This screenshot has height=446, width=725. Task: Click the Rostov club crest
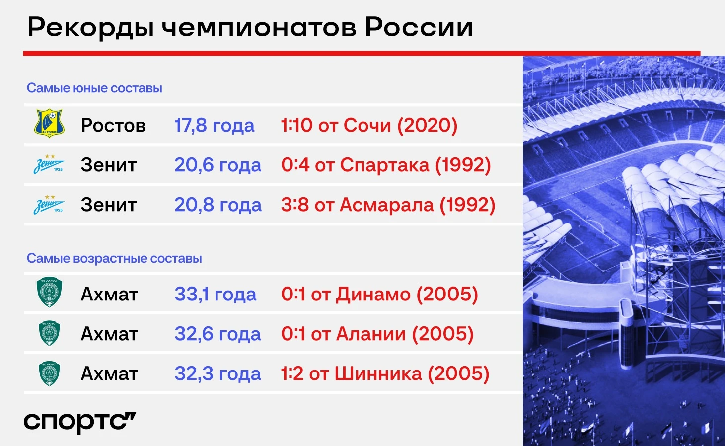(49, 123)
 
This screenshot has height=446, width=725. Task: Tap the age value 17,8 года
(214, 125)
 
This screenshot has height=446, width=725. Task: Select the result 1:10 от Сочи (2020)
(369, 125)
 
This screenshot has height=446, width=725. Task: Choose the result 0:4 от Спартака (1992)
(386, 165)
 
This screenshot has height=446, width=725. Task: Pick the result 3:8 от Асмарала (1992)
(388, 205)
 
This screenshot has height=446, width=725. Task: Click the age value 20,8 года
(218, 205)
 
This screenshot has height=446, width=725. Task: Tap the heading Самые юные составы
(94, 88)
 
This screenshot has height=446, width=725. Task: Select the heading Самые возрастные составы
(114, 259)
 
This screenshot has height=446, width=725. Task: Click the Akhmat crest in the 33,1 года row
(49, 292)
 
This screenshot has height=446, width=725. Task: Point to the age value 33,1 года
(215, 294)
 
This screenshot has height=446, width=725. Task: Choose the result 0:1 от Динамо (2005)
(379, 294)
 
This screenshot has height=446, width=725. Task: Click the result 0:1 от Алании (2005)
(377, 334)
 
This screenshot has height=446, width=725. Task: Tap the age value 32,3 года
(217, 374)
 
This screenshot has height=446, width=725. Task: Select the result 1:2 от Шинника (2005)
(385, 374)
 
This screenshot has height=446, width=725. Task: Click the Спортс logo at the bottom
(79, 422)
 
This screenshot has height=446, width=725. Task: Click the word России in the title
(419, 27)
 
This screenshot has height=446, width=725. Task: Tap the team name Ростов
(113, 125)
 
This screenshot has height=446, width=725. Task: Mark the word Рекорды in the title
(90, 28)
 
